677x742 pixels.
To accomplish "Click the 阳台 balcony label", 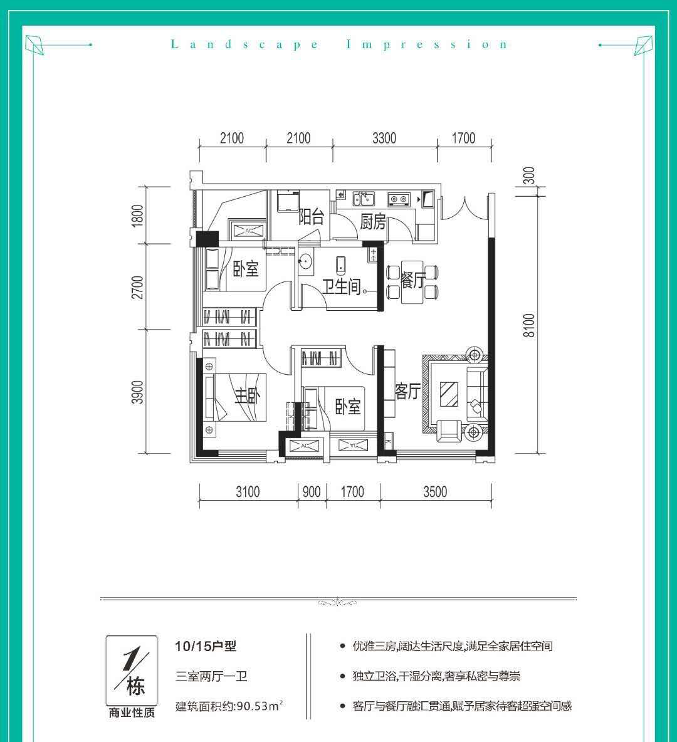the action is point(311,217).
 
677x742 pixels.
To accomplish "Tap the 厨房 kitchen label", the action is point(373,221).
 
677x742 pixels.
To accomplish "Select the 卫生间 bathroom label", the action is point(342,286).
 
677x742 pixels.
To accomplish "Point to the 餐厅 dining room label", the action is point(413,280).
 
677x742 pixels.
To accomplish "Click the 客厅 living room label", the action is point(408,391).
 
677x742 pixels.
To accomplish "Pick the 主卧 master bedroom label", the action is point(247,395).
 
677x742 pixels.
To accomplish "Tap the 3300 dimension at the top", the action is point(384,138).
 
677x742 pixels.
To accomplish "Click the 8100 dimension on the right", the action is point(529,325).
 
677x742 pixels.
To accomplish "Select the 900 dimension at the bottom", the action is point(312,492).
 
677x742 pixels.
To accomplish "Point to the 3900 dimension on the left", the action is point(137,392).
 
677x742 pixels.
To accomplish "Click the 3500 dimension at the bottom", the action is point(435,492).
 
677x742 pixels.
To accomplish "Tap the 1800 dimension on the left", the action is point(137,216).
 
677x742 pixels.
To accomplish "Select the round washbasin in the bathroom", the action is point(305,261).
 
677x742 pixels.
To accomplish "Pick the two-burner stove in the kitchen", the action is point(399,199).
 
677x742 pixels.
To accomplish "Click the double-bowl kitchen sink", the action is point(364,199).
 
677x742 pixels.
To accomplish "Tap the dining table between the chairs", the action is point(412,282).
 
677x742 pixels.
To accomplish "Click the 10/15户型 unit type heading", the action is point(206,646).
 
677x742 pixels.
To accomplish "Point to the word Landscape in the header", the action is point(244,45).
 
